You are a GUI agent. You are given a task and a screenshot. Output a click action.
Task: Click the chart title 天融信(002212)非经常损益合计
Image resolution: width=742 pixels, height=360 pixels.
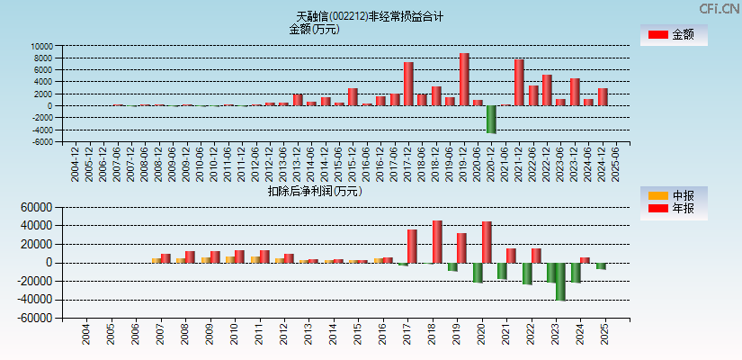pos(370,16)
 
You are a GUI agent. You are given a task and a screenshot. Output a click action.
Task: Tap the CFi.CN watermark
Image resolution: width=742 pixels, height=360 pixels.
pos(720,8)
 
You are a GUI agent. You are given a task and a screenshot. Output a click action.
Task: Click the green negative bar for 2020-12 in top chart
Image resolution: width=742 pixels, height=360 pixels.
pos(491,119)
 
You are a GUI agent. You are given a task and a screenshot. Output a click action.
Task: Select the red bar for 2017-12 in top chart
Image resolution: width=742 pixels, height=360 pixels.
pos(408,84)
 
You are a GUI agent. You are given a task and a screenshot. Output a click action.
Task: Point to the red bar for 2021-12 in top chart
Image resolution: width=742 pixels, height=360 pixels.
pos(519,83)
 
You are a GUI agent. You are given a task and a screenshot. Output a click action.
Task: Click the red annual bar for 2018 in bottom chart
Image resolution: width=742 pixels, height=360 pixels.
pos(437,241)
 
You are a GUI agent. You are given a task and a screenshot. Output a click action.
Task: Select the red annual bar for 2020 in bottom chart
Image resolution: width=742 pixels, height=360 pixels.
pos(487,242)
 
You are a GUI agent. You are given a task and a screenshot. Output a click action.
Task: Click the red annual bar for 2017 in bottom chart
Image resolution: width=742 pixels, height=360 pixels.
pos(412,246)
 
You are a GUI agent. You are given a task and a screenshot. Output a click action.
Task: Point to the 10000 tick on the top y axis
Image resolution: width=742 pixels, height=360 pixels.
pos(41,46)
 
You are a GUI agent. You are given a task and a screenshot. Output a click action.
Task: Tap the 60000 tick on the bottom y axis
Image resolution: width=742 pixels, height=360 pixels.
pos(37,207)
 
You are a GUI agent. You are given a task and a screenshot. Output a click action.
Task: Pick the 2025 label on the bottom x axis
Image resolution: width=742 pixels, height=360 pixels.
pos(603,335)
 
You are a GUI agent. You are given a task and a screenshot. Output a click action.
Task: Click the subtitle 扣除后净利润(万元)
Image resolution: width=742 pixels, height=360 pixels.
pos(314,191)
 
